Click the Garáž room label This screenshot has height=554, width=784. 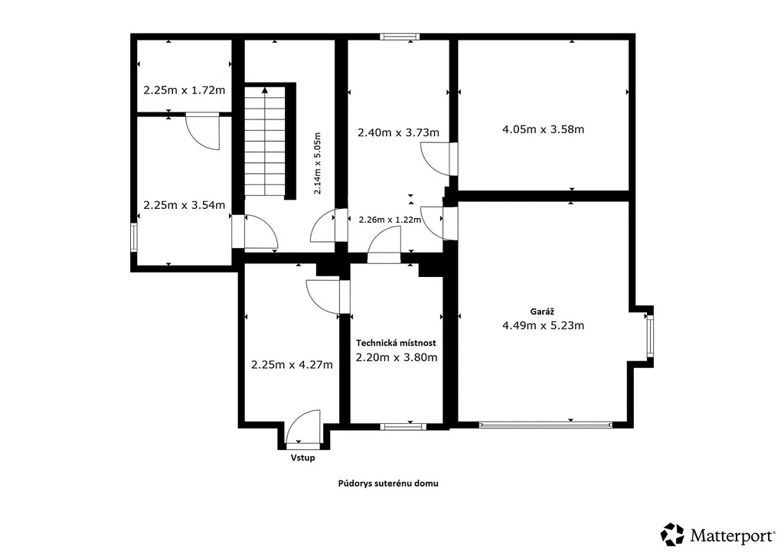[542, 311]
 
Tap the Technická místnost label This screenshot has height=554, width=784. [396, 344]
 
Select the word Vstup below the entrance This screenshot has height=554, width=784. [303, 458]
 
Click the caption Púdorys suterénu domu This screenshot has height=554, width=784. [388, 484]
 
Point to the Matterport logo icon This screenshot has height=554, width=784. [672, 535]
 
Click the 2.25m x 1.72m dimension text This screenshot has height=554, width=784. [184, 90]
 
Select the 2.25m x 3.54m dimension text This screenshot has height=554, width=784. [184, 205]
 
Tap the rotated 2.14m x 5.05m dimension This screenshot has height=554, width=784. [317, 163]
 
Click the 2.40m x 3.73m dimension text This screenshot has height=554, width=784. [398, 133]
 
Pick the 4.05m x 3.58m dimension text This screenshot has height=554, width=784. [543, 129]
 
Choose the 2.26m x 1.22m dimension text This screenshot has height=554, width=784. [390, 220]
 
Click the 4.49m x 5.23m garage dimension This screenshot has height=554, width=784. [543, 326]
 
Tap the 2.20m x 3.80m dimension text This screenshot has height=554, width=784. [397, 357]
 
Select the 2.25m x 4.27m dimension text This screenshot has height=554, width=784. [292, 365]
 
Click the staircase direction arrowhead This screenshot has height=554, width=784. [264, 90]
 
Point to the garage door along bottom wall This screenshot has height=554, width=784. [545, 425]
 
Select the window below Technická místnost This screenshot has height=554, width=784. [403, 427]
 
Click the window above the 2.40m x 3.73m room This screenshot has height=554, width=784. [399, 37]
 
